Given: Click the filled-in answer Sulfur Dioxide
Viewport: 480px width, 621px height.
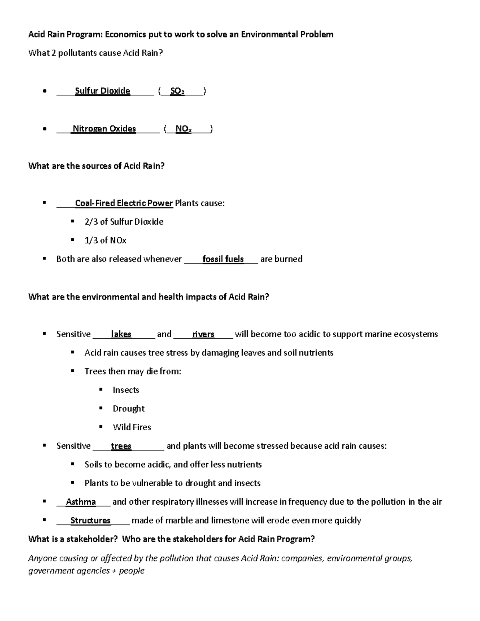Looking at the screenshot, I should point(102,91).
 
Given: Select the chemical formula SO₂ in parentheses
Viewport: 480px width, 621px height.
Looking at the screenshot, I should point(177,91).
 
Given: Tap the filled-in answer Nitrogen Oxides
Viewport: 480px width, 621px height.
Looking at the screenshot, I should point(104,128).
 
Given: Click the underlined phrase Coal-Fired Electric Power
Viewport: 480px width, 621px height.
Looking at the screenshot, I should point(124,203).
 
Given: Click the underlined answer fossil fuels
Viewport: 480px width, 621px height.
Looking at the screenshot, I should point(223,259).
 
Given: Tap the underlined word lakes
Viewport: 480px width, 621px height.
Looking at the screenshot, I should point(121,334).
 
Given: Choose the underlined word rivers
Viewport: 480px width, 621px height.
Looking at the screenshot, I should point(203,334).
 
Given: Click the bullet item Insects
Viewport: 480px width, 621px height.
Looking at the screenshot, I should point(126,390).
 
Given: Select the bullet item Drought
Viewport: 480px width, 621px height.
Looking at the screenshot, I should point(128,408).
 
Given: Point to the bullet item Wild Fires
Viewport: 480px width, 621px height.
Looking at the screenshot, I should point(132,427).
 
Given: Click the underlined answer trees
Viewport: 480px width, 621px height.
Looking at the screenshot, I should point(121,446).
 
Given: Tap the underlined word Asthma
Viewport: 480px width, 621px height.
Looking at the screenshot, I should point(81,501).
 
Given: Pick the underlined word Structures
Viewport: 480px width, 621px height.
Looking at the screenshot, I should point(90,520).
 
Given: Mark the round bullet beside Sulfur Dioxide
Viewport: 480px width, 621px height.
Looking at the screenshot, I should point(45,92).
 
